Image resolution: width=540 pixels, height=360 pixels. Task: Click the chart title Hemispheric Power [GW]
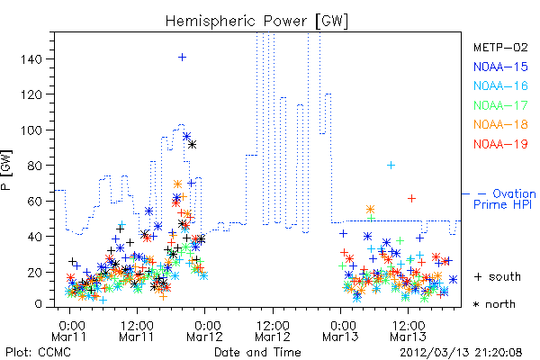(x=256, y=22)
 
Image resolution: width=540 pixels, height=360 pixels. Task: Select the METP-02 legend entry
(x=500, y=47)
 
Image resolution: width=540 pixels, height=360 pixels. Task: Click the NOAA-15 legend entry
(x=500, y=67)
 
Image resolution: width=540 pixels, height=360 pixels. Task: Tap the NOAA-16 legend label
(x=500, y=85)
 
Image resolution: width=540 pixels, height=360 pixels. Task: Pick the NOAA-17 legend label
(x=500, y=105)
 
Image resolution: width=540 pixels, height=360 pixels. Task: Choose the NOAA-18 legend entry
(x=500, y=124)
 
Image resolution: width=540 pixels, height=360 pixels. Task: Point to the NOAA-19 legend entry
(x=500, y=144)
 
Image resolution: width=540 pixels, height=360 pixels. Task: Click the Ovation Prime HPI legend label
(x=504, y=199)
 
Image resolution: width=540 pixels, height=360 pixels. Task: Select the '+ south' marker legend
(x=498, y=276)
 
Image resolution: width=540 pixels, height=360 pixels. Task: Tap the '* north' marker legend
(x=494, y=304)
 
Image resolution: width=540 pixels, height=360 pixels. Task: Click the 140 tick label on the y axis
(x=31, y=59)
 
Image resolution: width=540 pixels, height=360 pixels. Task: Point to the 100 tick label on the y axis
(x=31, y=130)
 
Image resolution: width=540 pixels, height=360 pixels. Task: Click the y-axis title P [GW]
(x=6, y=170)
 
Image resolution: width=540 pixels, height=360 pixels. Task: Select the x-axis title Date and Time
(x=257, y=352)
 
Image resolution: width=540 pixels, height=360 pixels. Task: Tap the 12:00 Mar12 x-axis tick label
(x=273, y=331)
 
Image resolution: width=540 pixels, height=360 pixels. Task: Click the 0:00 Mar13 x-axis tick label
(x=340, y=331)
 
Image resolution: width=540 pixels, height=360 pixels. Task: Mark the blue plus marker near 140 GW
(x=182, y=58)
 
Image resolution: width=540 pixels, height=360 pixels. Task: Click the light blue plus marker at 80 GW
(x=391, y=166)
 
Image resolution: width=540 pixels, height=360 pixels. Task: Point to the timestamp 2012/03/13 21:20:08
(x=461, y=353)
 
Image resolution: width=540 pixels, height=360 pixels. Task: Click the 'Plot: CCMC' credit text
(x=38, y=353)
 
